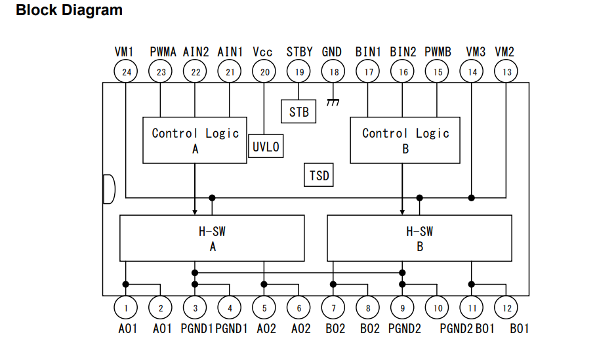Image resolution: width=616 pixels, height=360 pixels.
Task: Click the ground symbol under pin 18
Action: pos(333,102)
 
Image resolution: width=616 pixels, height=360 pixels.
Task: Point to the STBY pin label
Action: pos(299,52)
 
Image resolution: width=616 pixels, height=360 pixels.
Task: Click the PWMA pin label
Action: pos(163,52)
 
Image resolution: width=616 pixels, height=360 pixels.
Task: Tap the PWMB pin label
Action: pos(438,52)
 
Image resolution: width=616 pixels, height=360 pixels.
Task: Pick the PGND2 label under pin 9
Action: pos(405,329)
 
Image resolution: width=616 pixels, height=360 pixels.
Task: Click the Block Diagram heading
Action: pos(69,10)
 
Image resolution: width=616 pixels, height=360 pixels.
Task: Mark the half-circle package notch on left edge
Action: pos(114,190)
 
